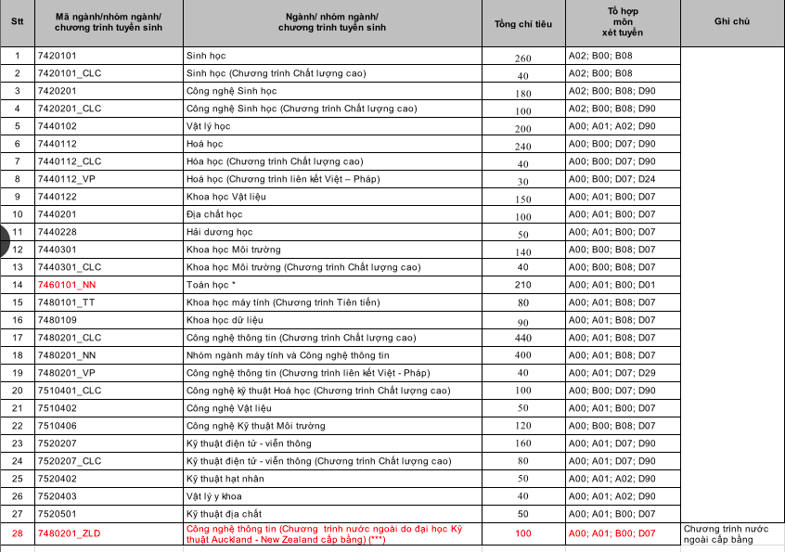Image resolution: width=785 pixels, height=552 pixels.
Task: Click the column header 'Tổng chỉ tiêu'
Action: [522, 23]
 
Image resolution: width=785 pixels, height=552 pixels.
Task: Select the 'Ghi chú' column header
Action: [732, 23]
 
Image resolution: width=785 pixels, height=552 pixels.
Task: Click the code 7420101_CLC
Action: [70, 73]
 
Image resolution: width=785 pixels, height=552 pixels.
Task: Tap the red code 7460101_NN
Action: [66, 285]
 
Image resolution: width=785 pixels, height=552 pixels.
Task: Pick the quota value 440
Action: [522, 338]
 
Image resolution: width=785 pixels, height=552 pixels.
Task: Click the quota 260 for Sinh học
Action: [522, 57]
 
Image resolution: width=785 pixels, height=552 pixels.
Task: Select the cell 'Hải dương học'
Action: [220, 232]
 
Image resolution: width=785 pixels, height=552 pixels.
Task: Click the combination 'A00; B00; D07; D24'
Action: [611, 179]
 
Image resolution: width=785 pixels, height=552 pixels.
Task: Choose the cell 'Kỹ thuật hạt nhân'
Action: [225, 479]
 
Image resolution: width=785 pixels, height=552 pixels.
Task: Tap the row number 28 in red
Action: [17, 533]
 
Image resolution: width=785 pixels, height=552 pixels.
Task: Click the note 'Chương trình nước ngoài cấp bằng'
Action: [727, 533]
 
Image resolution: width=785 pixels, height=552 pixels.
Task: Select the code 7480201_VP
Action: [66, 373]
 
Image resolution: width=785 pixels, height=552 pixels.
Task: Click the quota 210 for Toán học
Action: [522, 285]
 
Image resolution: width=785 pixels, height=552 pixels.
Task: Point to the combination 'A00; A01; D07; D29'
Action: [611, 373]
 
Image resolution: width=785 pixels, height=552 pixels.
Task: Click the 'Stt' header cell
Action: [17, 23]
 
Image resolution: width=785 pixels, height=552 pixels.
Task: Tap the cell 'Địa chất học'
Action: [214, 214]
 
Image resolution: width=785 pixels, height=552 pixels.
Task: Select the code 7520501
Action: [57, 514]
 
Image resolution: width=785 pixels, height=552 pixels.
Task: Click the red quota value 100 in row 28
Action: [522, 533]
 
